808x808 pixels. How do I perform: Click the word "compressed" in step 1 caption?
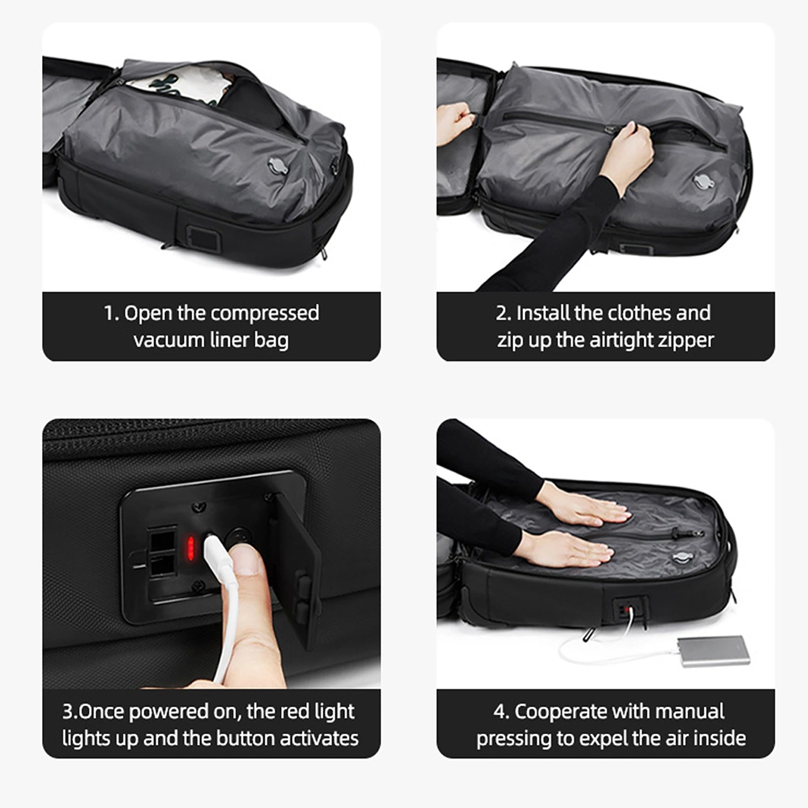264,314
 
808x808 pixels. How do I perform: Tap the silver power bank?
713,651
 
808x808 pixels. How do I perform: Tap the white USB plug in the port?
214,555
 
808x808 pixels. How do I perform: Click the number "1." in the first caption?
112,314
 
